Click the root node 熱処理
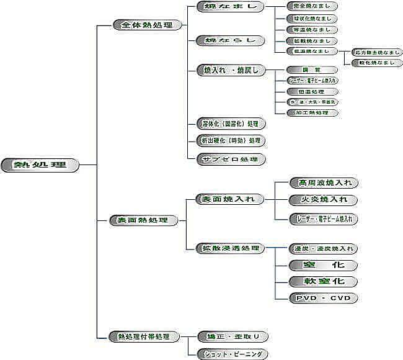pos(40,165)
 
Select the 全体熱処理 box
pos(148,25)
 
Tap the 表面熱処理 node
pos(143,220)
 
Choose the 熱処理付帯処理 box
pos(144,336)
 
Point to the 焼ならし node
pos(230,40)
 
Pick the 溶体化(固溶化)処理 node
pos(231,123)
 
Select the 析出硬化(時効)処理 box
pos(231,140)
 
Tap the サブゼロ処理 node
pos(231,159)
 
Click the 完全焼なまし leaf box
pos(312,6)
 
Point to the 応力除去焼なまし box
pos(376,52)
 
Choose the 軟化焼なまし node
pos(376,63)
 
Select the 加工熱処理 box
pos(312,113)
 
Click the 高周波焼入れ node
pos(324,182)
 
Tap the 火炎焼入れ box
pos(324,200)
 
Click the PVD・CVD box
pos(324,298)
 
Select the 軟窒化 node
pos(324,281)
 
